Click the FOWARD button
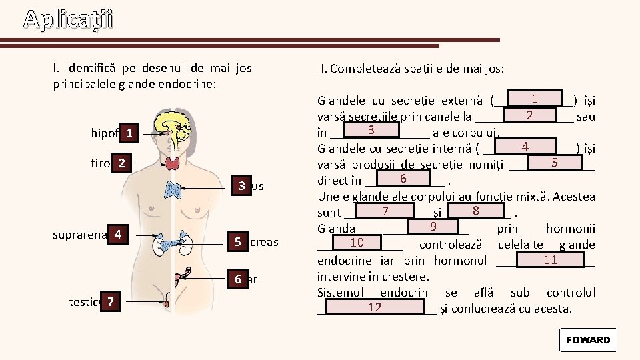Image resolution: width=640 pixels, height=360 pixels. coord(587,340)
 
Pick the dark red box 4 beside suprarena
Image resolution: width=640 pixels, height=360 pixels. coord(117,235)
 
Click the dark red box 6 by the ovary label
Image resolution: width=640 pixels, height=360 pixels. coord(237,279)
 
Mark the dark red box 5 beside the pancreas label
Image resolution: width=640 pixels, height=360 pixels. coord(237,241)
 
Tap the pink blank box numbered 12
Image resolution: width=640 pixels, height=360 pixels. coord(375,307)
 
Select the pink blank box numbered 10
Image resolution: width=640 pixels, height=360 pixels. coord(357,241)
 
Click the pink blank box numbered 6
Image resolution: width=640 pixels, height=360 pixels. coord(403,179)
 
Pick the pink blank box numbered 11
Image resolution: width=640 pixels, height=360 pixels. coord(550,259)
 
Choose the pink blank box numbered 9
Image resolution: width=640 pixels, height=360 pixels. coord(433,227)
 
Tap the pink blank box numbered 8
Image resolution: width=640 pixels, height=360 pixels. coord(475,211)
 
